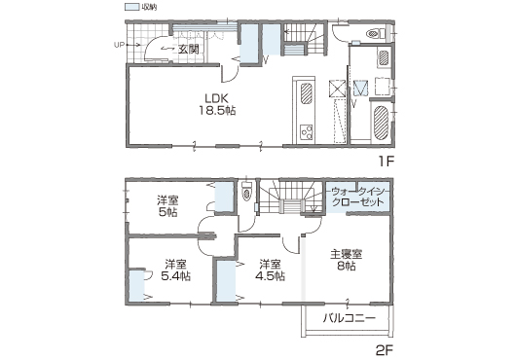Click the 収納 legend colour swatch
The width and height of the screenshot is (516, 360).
(x=131, y=7)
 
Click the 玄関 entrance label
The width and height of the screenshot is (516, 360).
(x=188, y=50)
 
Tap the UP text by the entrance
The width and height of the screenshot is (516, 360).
(x=119, y=45)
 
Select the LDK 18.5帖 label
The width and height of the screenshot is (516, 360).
(x=216, y=104)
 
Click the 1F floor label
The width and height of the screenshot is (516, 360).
(x=386, y=162)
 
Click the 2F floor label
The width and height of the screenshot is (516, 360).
(x=385, y=350)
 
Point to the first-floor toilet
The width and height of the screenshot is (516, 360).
(x=376, y=33)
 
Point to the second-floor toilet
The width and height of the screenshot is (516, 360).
(x=246, y=193)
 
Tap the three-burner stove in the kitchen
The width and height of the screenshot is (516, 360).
(x=307, y=133)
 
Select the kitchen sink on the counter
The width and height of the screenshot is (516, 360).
(x=307, y=93)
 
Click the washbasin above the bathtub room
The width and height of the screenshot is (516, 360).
(x=384, y=58)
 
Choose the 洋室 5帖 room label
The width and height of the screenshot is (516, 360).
(x=167, y=206)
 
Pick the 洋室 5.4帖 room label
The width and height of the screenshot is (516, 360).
(x=176, y=270)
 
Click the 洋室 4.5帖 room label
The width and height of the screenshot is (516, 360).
(x=271, y=270)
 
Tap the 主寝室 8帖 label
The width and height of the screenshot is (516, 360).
(x=347, y=260)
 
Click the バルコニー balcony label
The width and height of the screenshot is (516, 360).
(x=350, y=318)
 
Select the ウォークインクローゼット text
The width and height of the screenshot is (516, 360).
(x=357, y=197)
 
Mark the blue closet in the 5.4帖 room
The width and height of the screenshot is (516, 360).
(x=137, y=286)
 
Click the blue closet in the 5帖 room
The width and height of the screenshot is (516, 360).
(x=224, y=198)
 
